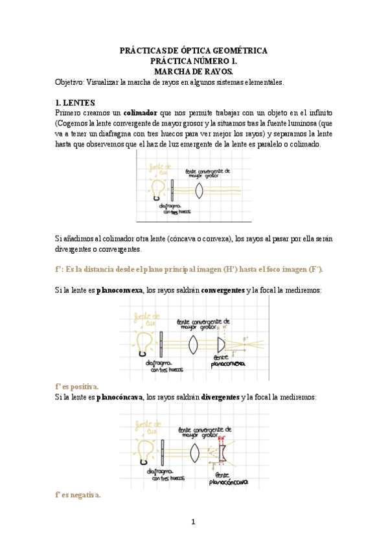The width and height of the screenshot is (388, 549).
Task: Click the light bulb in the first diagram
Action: [x=157, y=188]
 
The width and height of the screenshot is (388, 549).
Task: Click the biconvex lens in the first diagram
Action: [x=201, y=190]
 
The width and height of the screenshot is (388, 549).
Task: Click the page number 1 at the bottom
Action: [x=193, y=522]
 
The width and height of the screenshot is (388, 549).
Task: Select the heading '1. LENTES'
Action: [x=76, y=103]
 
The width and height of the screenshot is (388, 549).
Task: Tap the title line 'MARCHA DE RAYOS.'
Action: [x=194, y=71]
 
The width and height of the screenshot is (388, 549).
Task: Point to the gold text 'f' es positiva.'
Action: [x=77, y=386]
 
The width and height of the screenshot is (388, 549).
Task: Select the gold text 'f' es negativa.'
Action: [x=78, y=495]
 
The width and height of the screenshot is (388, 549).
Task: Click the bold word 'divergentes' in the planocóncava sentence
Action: [x=220, y=397]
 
